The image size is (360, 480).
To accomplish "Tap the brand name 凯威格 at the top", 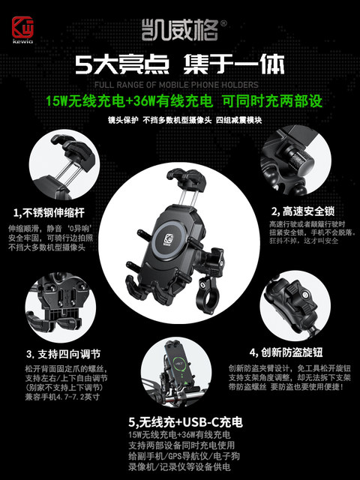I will [179, 31].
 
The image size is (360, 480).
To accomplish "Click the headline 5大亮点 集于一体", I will [180, 66].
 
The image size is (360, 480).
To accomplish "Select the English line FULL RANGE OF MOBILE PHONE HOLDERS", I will [180, 85].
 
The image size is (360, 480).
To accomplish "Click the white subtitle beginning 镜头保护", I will [179, 119].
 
